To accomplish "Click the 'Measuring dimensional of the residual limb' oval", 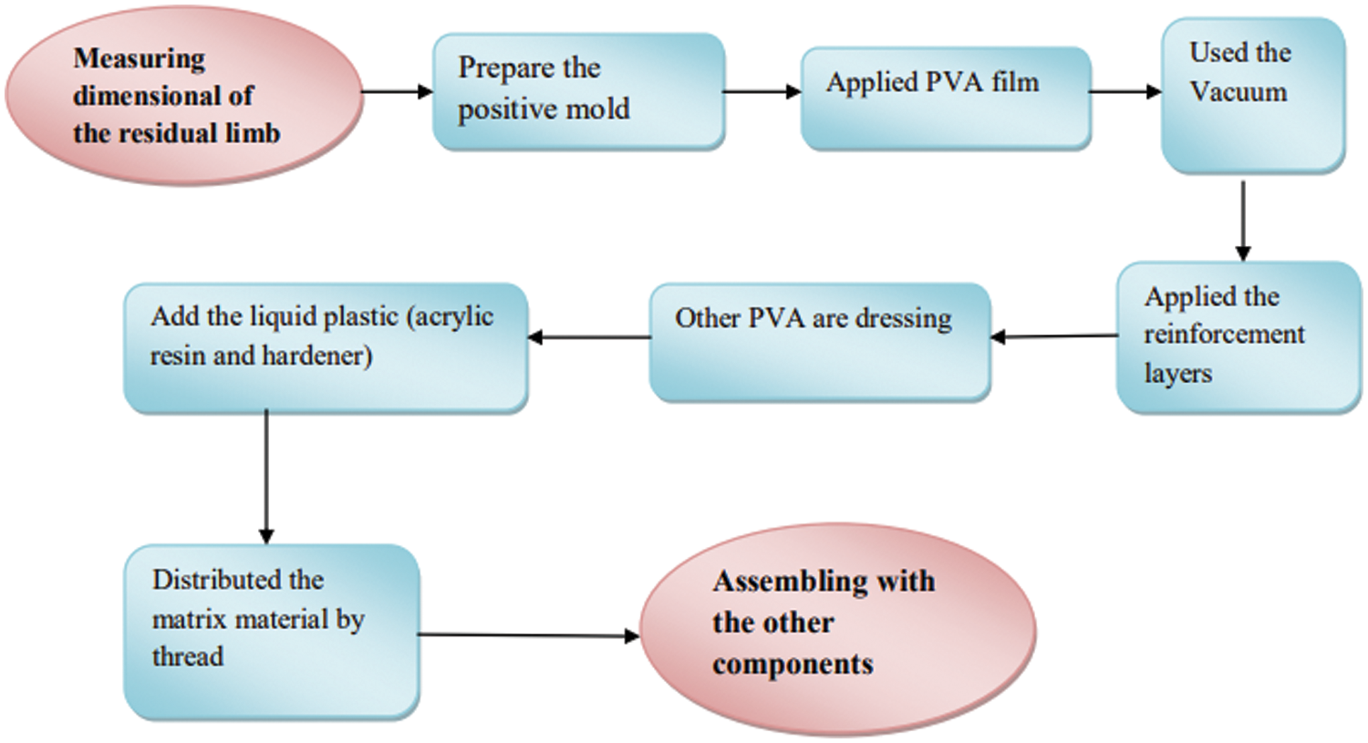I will click(x=183, y=96).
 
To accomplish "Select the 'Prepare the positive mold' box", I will click(x=578, y=91).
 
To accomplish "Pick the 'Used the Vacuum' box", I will click(x=1252, y=95).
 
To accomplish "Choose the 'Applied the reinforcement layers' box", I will click(x=1238, y=336).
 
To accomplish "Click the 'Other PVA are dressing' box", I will click(x=819, y=342).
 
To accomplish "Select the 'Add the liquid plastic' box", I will click(x=325, y=347).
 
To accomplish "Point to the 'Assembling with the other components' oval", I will click(x=837, y=629).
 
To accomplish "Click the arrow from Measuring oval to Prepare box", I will click(x=398, y=91).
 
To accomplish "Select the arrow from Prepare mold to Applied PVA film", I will click(x=762, y=91).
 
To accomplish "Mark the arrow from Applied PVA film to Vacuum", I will click(x=1125, y=91).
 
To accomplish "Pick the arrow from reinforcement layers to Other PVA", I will click(x=1053, y=336).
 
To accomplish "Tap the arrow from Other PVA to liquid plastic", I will click(x=589, y=337).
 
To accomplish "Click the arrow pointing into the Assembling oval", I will click(x=529, y=635).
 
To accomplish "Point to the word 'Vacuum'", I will click(x=1238, y=92).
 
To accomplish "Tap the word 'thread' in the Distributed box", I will click(x=187, y=656).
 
